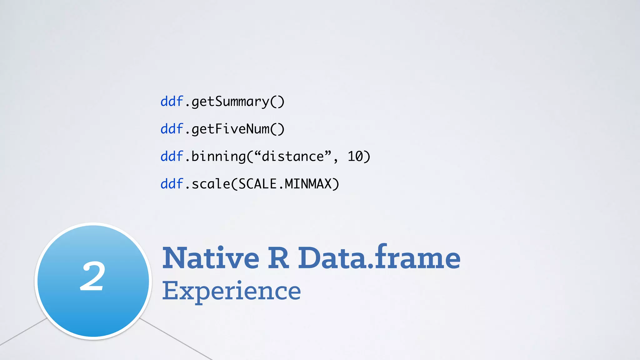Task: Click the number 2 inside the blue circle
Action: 92,276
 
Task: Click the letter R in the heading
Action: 278,258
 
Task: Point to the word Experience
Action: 231,291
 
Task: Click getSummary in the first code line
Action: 230,102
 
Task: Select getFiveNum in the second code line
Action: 230,129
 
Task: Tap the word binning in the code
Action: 218,157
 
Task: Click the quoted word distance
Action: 293,156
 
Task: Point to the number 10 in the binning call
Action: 355,156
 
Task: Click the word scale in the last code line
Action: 211,184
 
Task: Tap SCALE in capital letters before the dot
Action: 257,184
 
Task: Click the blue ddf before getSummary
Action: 172,102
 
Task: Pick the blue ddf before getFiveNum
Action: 172,129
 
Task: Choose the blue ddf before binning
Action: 172,156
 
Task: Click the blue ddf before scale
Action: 172,184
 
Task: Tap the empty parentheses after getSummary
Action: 277,102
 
